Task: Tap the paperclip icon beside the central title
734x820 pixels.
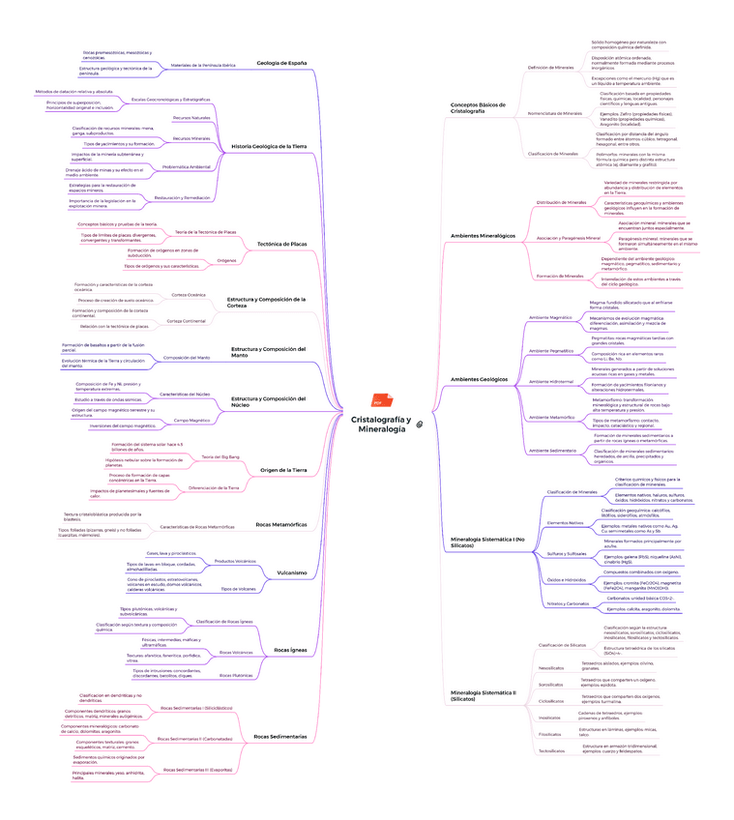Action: click(420, 425)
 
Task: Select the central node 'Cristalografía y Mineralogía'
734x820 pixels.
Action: click(380, 424)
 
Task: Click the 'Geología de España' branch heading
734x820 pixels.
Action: click(282, 63)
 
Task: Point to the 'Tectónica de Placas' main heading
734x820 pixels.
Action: click(281, 244)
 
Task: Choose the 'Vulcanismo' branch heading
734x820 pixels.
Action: click(292, 571)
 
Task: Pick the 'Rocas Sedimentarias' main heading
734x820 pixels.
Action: click(280, 736)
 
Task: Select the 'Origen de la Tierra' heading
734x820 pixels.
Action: click(284, 470)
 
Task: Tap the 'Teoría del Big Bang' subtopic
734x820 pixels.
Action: click(220, 455)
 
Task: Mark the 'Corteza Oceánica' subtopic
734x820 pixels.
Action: click(189, 294)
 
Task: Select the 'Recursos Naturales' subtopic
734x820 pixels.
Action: click(191, 117)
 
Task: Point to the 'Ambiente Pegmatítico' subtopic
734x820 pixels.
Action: click(550, 350)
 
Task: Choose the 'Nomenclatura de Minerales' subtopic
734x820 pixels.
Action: click(555, 113)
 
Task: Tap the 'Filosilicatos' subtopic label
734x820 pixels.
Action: click(550, 733)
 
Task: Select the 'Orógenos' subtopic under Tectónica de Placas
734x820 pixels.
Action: click(226, 260)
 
